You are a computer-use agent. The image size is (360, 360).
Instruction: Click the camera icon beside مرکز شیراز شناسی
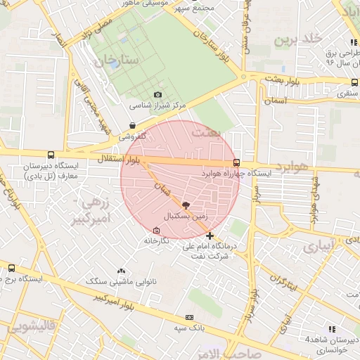[x=157, y=95]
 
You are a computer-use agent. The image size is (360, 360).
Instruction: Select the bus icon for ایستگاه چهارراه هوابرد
[x=236, y=162]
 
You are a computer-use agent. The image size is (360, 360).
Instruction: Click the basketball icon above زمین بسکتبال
[x=185, y=205]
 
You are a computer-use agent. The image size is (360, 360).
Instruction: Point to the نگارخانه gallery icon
[x=156, y=230]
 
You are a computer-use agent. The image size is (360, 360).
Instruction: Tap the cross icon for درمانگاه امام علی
[x=210, y=236]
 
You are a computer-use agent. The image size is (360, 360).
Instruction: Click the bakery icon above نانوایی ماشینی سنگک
[x=121, y=271]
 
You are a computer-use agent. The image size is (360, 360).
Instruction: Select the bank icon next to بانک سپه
[x=188, y=317]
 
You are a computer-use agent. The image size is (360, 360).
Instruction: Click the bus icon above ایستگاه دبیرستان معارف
[x=50, y=155]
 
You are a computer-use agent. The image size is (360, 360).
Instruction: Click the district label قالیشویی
[x=28, y=327]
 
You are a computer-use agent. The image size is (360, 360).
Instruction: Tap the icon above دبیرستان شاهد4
[x=332, y=328]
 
